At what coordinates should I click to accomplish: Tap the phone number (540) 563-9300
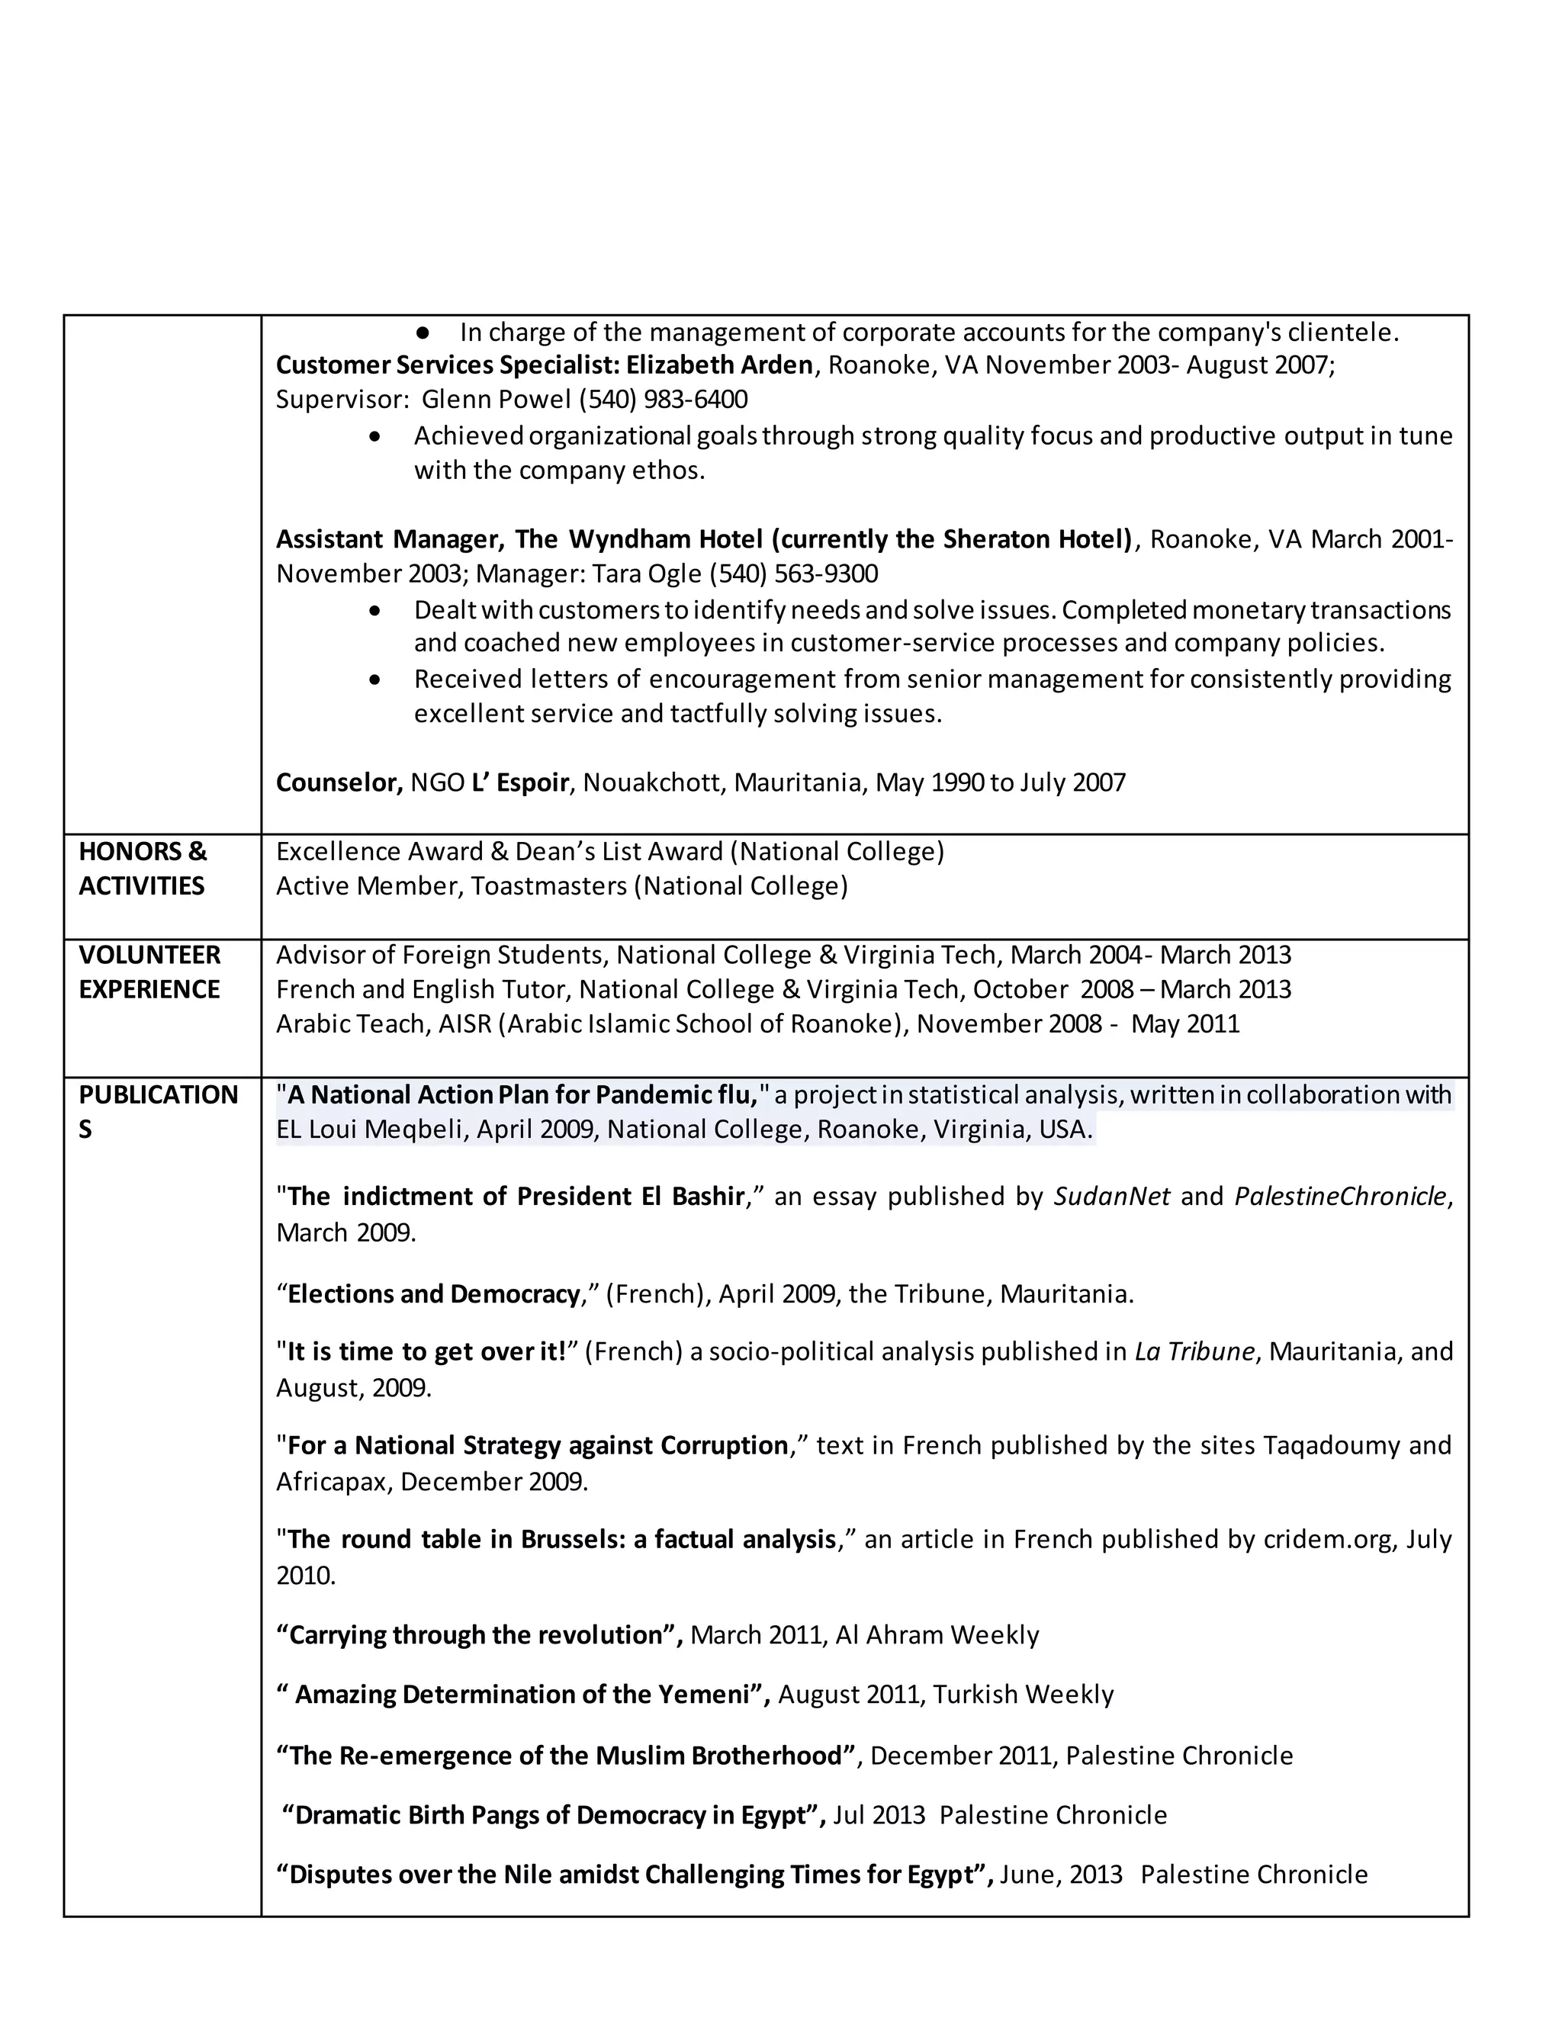pyautogui.click(x=793, y=573)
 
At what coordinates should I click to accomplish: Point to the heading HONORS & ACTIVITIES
pyautogui.click(x=143, y=868)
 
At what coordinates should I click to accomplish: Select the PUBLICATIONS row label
pyautogui.click(x=157, y=1110)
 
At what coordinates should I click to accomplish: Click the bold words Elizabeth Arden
pyautogui.click(x=719, y=365)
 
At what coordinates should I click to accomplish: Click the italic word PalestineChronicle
pyautogui.click(x=1340, y=1197)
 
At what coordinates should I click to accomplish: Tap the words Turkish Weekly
pyautogui.click(x=1023, y=1695)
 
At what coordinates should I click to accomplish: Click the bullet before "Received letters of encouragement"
pyautogui.click(x=374, y=680)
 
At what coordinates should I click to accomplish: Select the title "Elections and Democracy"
pyautogui.click(x=433, y=1293)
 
